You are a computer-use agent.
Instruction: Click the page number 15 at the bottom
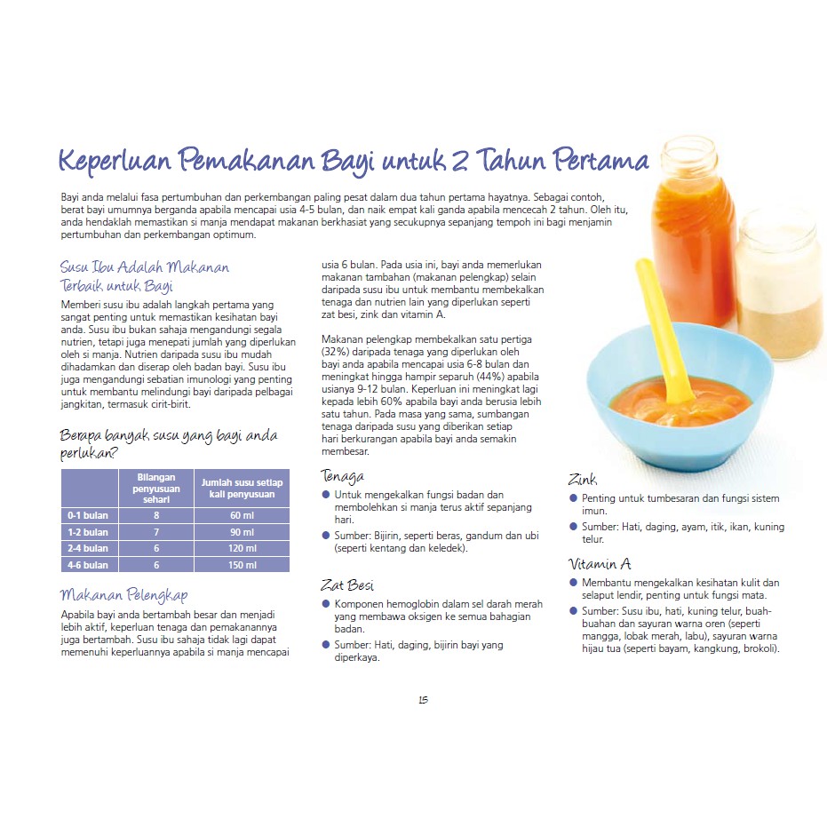[x=423, y=700]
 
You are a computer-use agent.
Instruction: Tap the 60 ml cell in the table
[x=242, y=516]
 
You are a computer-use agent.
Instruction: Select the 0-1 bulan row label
[x=88, y=516]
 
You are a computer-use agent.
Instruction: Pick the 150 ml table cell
[x=242, y=565]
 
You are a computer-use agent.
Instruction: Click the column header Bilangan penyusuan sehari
[x=156, y=488]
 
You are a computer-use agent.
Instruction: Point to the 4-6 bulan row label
[x=88, y=565]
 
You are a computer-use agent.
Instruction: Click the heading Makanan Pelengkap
[x=123, y=594]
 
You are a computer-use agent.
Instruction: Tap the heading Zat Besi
[x=347, y=584]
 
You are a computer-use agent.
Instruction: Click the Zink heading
[x=583, y=480]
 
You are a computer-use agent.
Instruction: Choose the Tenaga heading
[x=343, y=475]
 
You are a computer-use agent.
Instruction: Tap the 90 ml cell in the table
[x=242, y=532]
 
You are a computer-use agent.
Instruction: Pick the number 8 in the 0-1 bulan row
[x=156, y=516]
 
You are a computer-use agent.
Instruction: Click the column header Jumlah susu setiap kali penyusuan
[x=242, y=488]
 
